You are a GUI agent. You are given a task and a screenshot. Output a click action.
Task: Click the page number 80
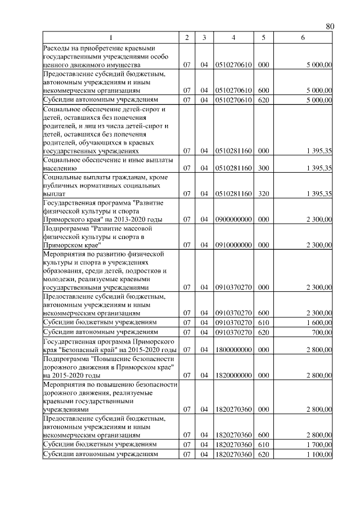(330, 26)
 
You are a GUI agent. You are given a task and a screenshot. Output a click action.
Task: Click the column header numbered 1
(110, 38)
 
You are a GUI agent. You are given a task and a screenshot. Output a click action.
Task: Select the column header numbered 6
(303, 38)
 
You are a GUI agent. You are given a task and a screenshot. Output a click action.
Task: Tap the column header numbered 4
(233, 38)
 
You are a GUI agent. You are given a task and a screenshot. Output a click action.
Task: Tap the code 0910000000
(233, 245)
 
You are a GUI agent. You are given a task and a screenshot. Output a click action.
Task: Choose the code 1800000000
(233, 350)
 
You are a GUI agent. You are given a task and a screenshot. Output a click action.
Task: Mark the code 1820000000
(233, 375)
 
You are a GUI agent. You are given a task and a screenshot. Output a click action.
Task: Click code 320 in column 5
(263, 193)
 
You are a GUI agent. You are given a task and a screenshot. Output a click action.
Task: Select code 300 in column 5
(263, 168)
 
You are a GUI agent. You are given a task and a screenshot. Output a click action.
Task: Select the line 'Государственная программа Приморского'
(109, 341)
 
